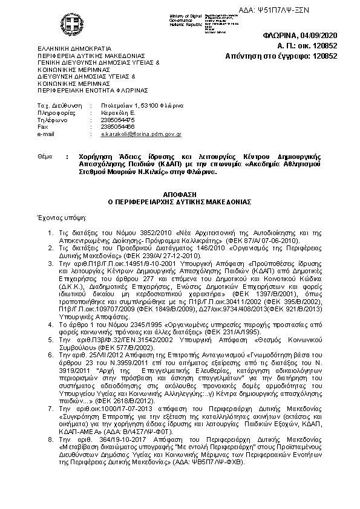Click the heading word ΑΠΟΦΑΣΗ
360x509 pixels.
pos(180,194)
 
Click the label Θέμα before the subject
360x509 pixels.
pos(45,157)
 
